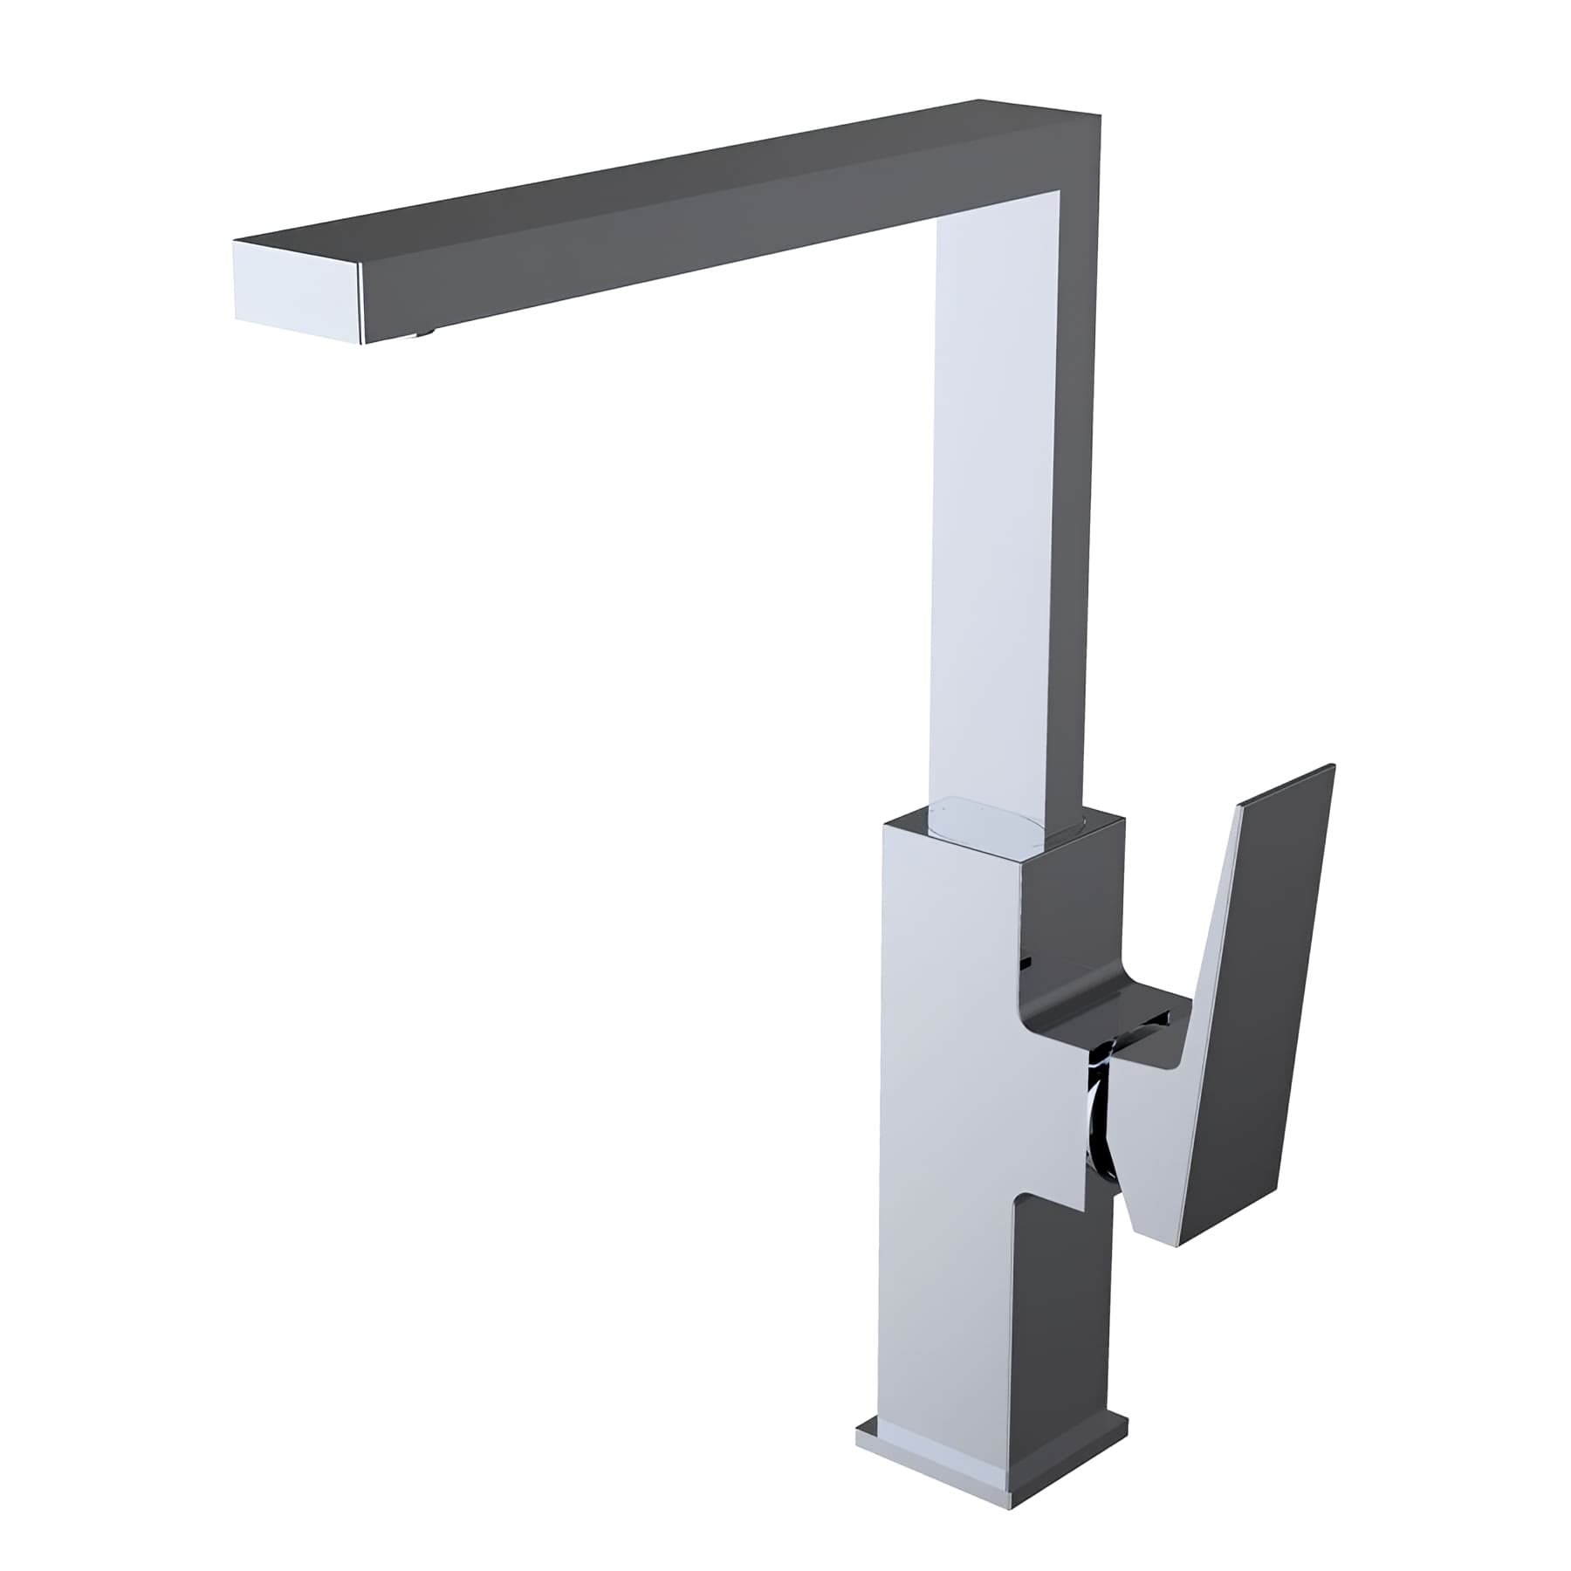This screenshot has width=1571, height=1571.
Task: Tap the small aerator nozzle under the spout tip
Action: (x=425, y=331)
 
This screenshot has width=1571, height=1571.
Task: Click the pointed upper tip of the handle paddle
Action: (x=1332, y=768)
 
